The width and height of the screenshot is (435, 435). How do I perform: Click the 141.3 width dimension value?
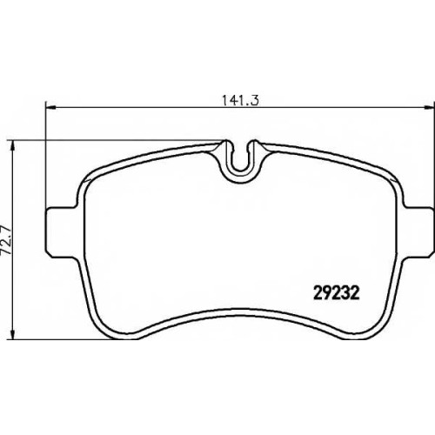point(240,101)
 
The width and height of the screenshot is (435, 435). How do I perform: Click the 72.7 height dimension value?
point(6,240)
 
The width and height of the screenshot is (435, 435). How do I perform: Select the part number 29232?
point(337,293)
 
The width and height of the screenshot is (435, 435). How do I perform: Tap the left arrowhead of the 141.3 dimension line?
point(50,108)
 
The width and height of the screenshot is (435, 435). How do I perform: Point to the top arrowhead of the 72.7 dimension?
point(12,146)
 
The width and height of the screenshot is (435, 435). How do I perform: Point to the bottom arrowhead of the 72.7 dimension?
point(12,334)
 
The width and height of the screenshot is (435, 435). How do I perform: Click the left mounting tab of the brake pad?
point(63,232)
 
